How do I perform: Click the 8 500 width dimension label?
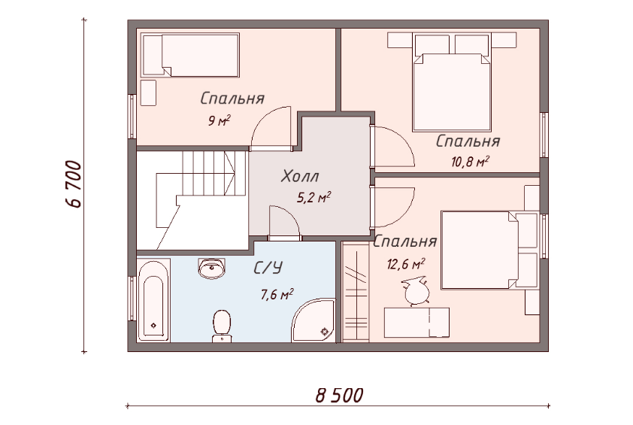(x=339, y=395)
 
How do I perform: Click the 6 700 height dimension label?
(x=73, y=184)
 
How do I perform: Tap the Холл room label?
(x=300, y=177)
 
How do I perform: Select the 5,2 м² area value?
(x=314, y=197)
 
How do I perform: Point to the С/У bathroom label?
(x=268, y=268)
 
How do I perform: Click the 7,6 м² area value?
(x=277, y=294)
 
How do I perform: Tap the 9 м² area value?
(x=220, y=120)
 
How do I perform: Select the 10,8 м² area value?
(x=471, y=162)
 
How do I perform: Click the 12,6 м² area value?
(x=406, y=264)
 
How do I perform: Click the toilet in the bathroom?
(x=221, y=326)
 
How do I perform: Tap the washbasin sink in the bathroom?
(x=211, y=269)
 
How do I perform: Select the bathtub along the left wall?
(x=153, y=300)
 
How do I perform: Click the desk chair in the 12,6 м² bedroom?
(x=415, y=290)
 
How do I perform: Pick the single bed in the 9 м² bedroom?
(x=190, y=55)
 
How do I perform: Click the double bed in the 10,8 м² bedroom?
(x=451, y=83)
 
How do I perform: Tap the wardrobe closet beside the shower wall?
(x=356, y=292)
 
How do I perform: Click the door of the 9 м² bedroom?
(x=271, y=129)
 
